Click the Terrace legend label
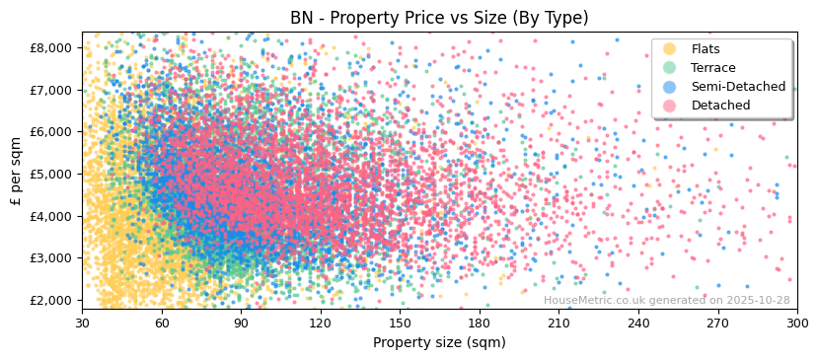point(713,68)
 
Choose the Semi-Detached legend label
point(738,87)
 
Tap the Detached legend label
point(720,106)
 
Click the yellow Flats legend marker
point(670,49)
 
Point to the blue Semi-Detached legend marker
point(670,87)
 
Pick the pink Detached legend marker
point(670,106)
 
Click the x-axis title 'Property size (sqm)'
point(439,343)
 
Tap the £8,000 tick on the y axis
point(50,47)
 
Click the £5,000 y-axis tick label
point(50,174)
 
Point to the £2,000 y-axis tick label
point(50,300)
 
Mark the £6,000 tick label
point(50,131)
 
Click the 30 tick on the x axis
point(82,323)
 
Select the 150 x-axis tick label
point(400,323)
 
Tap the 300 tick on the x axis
point(797,323)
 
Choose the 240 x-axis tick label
point(638,323)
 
